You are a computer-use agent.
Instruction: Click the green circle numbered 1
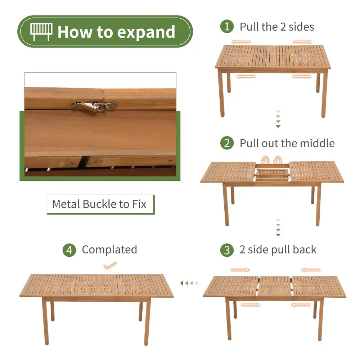click(x=227, y=26)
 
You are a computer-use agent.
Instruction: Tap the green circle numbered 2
click(x=227, y=143)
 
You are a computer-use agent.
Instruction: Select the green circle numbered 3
click(x=227, y=250)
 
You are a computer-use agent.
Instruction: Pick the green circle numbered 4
click(x=69, y=250)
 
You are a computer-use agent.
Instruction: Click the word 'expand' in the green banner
click(x=146, y=32)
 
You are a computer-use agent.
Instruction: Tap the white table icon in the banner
click(x=41, y=31)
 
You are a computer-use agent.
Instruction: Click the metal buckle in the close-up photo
click(x=95, y=106)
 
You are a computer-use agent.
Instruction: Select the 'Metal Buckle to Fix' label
click(x=100, y=204)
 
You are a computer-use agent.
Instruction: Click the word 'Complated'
click(x=109, y=249)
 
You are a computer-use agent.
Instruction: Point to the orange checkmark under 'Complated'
click(x=110, y=266)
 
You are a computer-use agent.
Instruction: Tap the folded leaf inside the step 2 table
click(x=272, y=175)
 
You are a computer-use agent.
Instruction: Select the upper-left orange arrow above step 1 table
click(x=241, y=42)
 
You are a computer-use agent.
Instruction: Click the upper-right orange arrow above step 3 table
click(x=311, y=270)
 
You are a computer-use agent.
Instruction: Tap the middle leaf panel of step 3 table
click(x=275, y=287)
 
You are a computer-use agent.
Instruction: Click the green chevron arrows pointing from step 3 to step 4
click(x=189, y=283)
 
